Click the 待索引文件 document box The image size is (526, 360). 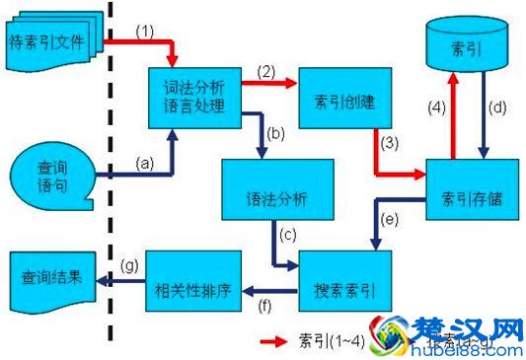(x=54, y=42)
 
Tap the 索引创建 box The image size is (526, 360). (x=343, y=103)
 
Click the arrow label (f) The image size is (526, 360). (x=264, y=305)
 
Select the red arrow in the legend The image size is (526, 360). (x=274, y=341)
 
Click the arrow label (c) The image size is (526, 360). (x=287, y=235)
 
